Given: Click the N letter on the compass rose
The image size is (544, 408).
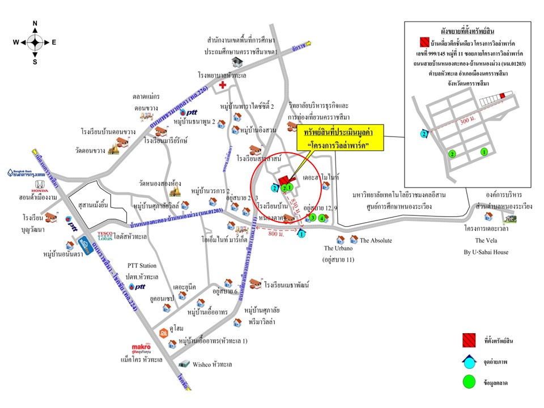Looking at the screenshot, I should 35,24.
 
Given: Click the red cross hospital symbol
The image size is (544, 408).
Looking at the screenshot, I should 223,85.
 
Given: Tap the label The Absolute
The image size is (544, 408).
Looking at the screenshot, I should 376,240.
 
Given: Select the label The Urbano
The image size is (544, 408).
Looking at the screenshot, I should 338,248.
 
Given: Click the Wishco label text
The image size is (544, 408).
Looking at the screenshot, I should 213,364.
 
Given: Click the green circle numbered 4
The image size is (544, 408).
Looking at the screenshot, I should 322,218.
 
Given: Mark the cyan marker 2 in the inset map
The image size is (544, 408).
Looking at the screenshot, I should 423,134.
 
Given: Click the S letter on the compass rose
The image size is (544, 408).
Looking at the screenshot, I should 35,62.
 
